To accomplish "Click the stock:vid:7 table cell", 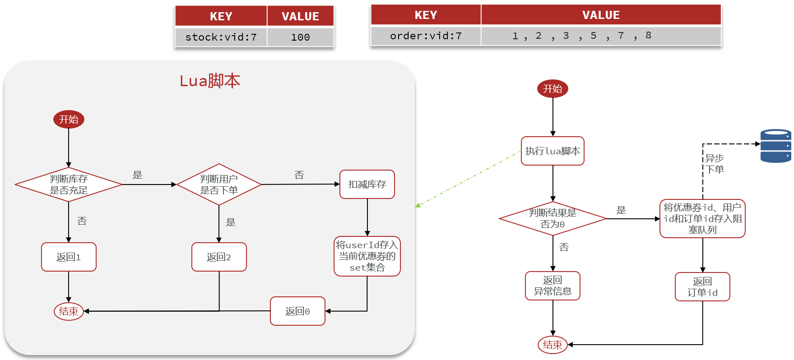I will coord(221,37).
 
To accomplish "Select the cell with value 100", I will coord(300,37).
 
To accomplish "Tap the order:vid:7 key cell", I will coord(426,36).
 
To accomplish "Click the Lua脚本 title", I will coord(210,81).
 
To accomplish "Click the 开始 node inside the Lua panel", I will coord(69,120).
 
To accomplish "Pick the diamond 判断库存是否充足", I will coord(69,185).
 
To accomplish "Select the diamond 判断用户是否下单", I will coord(219,185).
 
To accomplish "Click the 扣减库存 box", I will coord(367,184).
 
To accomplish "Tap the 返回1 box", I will coord(69,257).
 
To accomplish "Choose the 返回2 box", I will coord(219,257).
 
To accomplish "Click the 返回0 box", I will coord(297,311).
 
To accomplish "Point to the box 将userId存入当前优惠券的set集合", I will coord(367,256).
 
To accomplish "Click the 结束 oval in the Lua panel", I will coord(69,311).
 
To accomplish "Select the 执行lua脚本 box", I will coord(553,151).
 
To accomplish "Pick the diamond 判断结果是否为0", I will coord(553,218).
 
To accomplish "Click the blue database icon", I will coord(775,146).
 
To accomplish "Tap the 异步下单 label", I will coord(715,164).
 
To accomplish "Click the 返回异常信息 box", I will coord(553,286).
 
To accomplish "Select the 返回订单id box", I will coord(702,287).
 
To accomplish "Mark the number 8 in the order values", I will coord(648,35).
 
